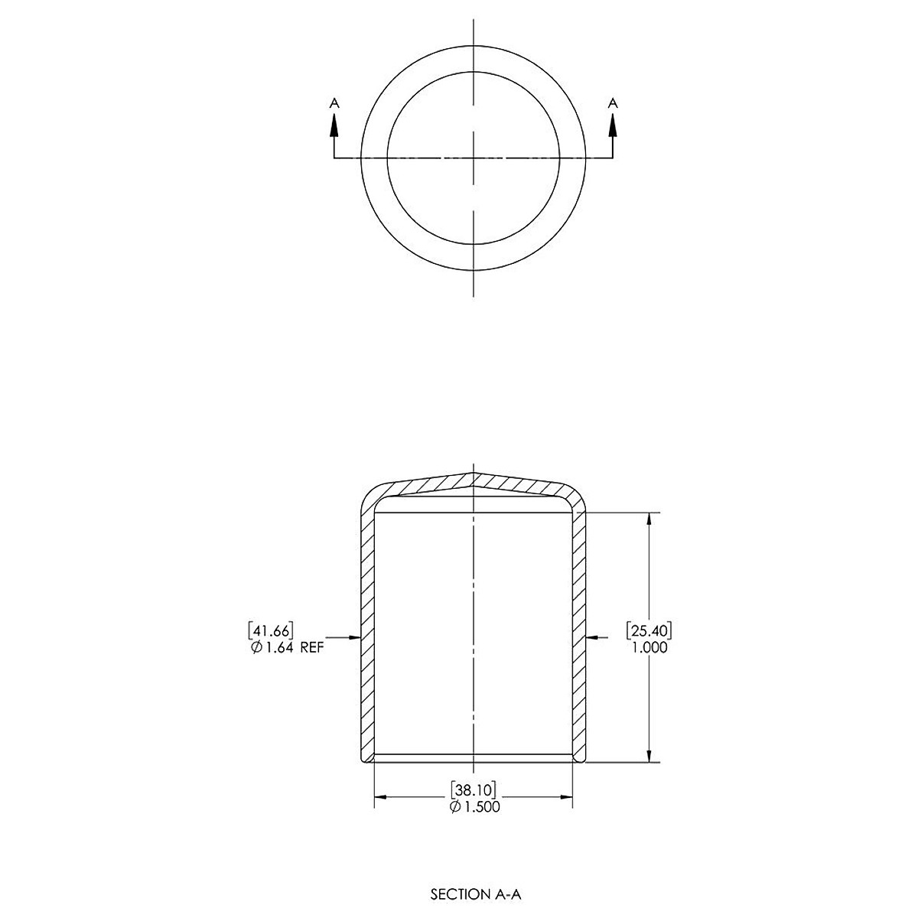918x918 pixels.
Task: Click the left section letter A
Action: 334,103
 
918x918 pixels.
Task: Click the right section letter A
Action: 613,103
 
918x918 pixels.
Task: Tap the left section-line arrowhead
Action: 334,127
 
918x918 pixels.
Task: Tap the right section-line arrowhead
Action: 613,127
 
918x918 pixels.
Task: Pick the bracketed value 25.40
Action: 649,631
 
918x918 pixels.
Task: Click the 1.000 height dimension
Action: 649,647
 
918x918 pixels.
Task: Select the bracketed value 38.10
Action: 474,790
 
